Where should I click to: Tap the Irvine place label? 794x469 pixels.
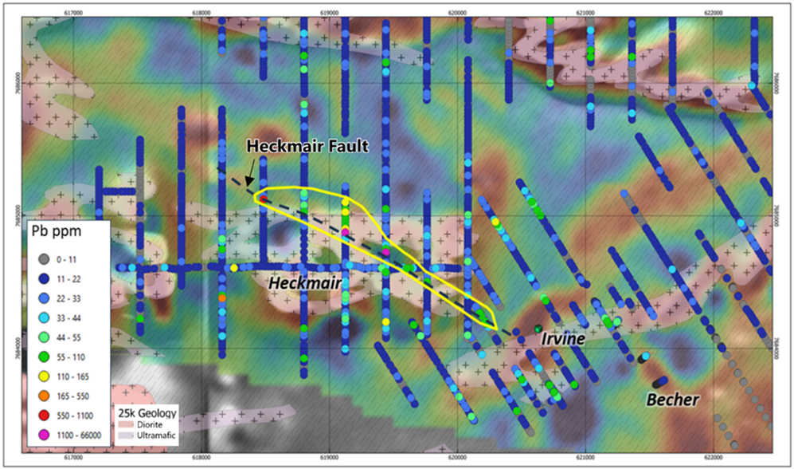[564, 339]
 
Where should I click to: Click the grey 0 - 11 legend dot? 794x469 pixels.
[42, 261]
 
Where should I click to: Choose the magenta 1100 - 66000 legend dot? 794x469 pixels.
[42, 433]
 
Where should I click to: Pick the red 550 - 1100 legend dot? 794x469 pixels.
[42, 414]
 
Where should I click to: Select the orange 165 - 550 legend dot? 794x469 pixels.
[42, 395]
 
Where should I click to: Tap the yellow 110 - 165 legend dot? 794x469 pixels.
[42, 376]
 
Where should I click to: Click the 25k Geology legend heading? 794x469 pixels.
[146, 413]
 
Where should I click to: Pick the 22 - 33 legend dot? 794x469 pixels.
[42, 299]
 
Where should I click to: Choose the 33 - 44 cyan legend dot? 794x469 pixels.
[42, 318]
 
